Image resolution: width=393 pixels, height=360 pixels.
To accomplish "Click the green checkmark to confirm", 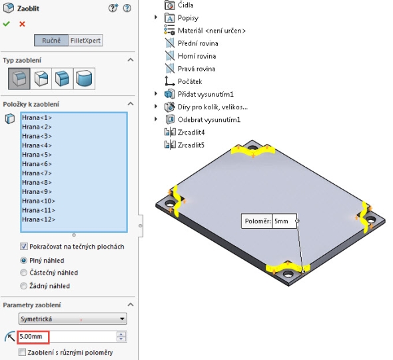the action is click(x=7, y=24).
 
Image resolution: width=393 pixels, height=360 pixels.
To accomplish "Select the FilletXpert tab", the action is click(x=85, y=41).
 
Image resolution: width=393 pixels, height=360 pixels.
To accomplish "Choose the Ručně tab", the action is click(x=51, y=41).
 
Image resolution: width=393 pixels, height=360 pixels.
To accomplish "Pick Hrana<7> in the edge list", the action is click(x=37, y=173).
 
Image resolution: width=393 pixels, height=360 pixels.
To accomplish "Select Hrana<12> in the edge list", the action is click(x=39, y=219).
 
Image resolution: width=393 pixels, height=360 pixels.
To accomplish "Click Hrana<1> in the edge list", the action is click(x=37, y=117).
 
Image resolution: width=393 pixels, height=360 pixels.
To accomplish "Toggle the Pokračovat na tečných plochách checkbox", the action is click(x=24, y=247).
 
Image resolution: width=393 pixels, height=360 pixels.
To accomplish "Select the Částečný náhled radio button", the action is click(x=23, y=273).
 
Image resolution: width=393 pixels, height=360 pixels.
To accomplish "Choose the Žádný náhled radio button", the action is click(x=23, y=286).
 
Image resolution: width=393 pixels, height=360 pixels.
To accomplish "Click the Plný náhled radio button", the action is click(x=23, y=261).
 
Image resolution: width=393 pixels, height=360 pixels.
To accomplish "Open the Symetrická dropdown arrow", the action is click(x=122, y=319).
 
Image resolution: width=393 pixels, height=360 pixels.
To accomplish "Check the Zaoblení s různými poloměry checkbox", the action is click(x=22, y=352).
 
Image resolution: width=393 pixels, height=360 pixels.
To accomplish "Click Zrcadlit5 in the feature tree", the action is click(x=191, y=145).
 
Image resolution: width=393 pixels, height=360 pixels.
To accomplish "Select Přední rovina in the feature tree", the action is click(x=198, y=43).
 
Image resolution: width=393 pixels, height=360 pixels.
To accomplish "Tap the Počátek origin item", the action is click(x=190, y=81).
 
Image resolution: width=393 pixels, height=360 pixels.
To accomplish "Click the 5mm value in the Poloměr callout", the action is click(x=281, y=221).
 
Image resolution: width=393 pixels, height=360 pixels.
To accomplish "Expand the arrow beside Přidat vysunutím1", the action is click(x=156, y=94).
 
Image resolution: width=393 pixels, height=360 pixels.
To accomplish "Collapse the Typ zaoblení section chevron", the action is click(x=131, y=60).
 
